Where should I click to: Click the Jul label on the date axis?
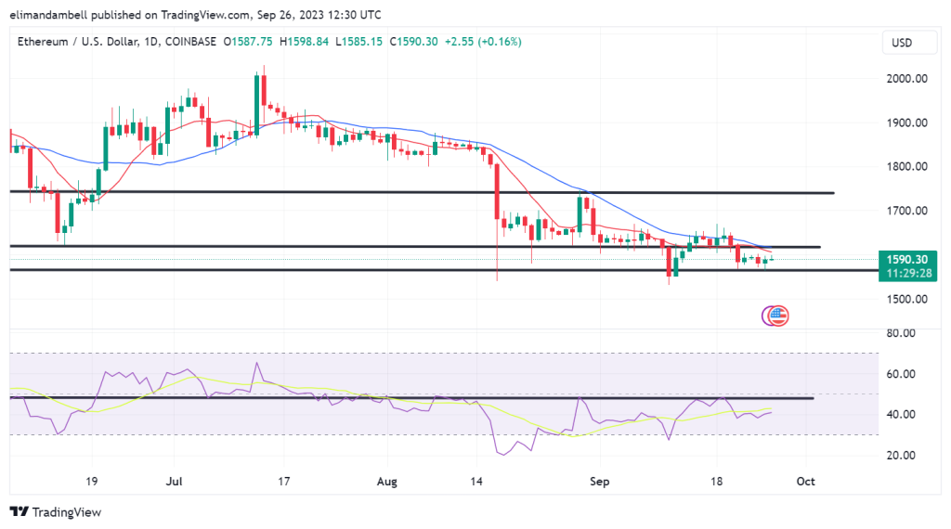coord(173,483)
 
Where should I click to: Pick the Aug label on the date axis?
coord(387,483)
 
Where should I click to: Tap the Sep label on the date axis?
coord(599,483)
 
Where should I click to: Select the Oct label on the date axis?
coord(805,483)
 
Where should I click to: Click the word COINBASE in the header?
coord(190,42)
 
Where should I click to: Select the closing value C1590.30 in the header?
coord(416,42)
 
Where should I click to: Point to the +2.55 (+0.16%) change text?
coord(483,42)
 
